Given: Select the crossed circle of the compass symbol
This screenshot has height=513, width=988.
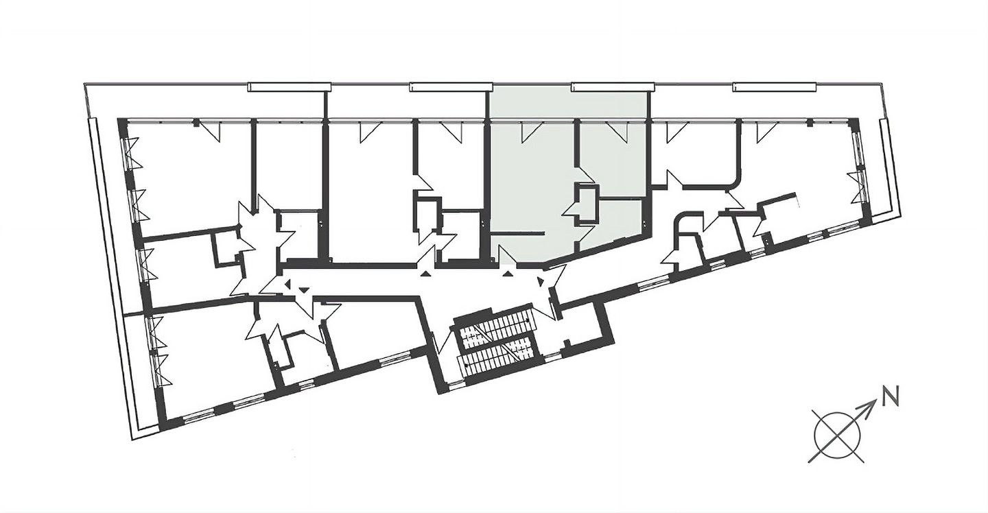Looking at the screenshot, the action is (x=837, y=436).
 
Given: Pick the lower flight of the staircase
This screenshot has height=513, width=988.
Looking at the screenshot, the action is (x=497, y=355).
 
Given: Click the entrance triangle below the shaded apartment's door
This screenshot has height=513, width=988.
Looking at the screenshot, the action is (x=508, y=274).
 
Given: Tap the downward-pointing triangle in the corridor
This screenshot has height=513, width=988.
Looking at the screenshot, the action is (x=303, y=289).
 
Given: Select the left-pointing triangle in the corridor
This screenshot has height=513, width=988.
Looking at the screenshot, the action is (x=287, y=283).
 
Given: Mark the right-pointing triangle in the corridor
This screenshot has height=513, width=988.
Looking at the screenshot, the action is (x=541, y=281).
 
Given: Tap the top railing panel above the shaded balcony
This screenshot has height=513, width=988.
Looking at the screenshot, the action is (x=613, y=87).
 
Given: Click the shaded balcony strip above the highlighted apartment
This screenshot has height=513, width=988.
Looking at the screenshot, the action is (x=569, y=105).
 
